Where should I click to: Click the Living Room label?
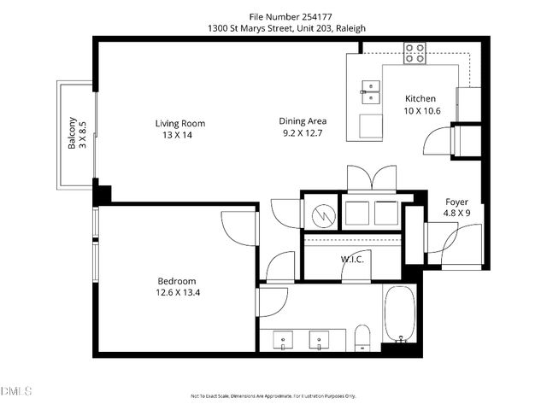point(179,123)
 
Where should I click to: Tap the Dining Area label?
point(304,121)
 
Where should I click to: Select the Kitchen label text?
point(421,98)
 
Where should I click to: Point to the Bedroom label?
point(177,281)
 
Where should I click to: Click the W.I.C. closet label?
point(353,260)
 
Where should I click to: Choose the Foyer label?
point(456,202)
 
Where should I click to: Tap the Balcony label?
point(73,133)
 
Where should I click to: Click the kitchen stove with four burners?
point(415,53)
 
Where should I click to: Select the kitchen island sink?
point(371,86)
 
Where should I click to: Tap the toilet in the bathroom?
point(362,337)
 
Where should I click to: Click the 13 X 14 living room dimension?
point(179,134)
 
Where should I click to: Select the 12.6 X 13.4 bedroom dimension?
point(177,293)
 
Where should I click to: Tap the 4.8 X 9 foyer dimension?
point(456,213)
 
